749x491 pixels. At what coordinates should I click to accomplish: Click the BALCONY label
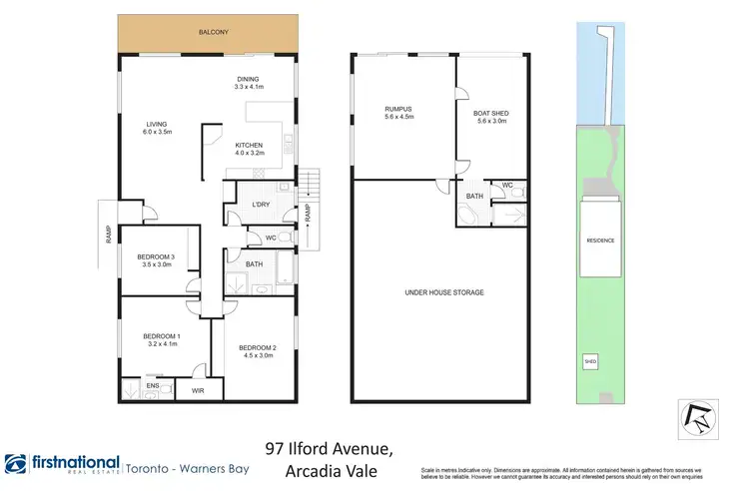point(213,33)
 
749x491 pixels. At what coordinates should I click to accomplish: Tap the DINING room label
point(247,79)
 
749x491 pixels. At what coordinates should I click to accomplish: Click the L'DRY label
point(261,205)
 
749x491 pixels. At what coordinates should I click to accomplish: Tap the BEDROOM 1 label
point(161,335)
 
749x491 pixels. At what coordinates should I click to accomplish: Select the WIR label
point(197,391)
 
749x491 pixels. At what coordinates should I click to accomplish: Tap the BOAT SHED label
point(490,114)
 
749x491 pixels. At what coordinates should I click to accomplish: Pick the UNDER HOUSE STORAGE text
point(443,292)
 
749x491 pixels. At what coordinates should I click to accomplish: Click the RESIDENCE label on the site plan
point(600,241)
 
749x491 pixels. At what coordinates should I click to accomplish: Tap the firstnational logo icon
point(17,464)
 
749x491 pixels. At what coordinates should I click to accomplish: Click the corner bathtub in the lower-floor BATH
point(467,214)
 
